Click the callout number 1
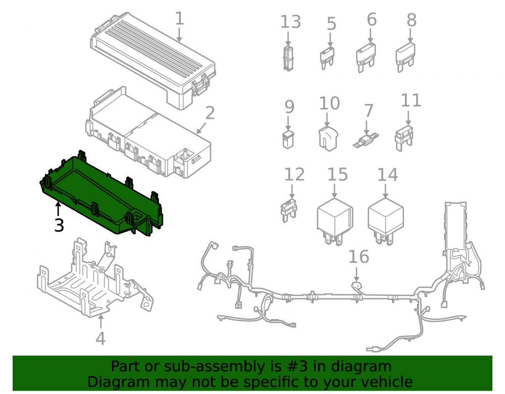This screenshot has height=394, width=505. click(x=179, y=18)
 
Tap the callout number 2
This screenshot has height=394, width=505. click(x=210, y=113)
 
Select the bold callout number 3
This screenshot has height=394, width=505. click(x=59, y=225)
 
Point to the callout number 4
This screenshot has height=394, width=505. click(x=100, y=339)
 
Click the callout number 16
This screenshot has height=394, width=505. click(x=359, y=257)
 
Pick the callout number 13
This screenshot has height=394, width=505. click(x=290, y=22)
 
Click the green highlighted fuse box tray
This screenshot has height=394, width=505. click(x=102, y=193)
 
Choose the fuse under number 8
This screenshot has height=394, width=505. click(x=406, y=57)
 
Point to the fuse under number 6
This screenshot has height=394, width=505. click(x=366, y=57)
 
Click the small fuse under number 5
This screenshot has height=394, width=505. click(x=327, y=58)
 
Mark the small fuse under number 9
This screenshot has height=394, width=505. click(x=288, y=140)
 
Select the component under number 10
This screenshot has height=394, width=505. click(x=328, y=139)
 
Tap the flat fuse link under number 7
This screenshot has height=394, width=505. click(x=366, y=141)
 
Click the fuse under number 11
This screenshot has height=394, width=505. click(x=404, y=139)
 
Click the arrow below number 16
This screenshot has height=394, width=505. click(x=357, y=274)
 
